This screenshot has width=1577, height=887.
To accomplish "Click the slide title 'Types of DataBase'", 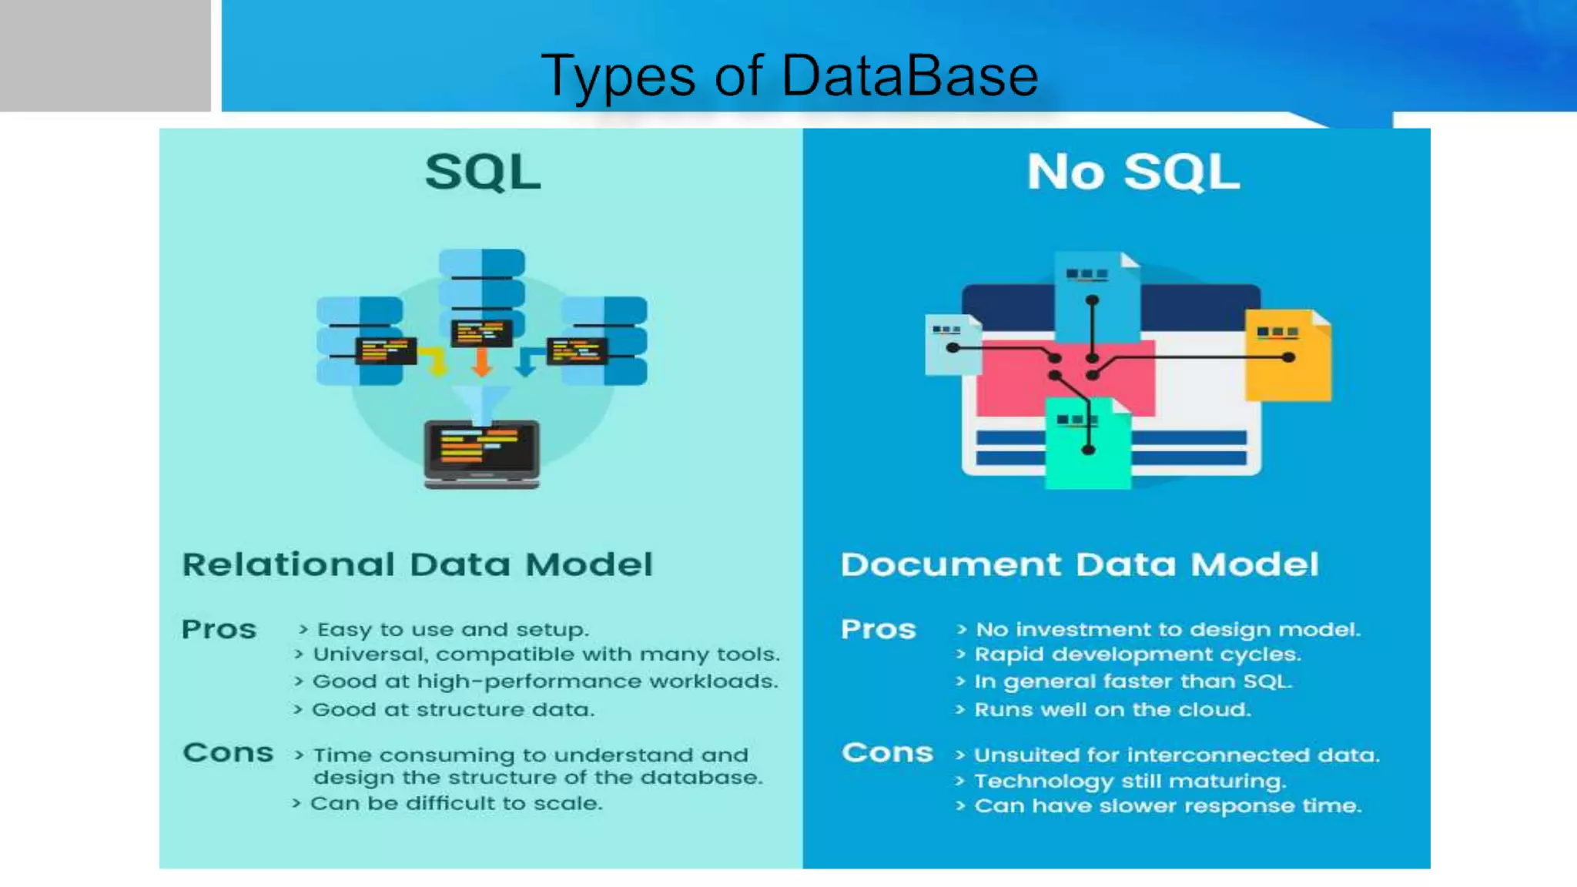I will [x=789, y=76].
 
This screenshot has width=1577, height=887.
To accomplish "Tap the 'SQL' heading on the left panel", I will [x=483, y=172].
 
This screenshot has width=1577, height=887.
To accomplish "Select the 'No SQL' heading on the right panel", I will [x=1133, y=172].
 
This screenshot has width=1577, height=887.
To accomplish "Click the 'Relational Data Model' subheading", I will [x=417, y=564].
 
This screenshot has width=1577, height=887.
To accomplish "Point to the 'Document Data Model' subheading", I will [x=1080, y=564].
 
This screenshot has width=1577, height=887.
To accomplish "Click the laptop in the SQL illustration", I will [x=482, y=454].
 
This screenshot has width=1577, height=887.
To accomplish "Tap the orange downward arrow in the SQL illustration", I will [x=482, y=361].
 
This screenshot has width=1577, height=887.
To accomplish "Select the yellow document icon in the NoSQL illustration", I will [x=1287, y=356].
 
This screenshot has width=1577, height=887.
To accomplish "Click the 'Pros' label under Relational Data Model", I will [x=219, y=630].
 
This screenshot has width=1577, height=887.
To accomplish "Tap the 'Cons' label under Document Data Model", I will [x=887, y=752].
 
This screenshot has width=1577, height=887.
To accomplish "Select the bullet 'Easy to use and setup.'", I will [x=453, y=630].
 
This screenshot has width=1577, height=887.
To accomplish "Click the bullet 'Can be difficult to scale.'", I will [x=456, y=804].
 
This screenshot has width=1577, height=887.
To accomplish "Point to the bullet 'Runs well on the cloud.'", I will [x=1112, y=710].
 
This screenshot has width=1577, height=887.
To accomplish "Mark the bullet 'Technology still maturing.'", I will [x=1130, y=782].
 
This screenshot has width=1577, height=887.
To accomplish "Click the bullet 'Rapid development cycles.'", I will [x=1137, y=654].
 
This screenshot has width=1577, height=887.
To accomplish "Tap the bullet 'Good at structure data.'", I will [x=453, y=710].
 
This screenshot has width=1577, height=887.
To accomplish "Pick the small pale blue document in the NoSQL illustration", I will [x=952, y=344].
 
